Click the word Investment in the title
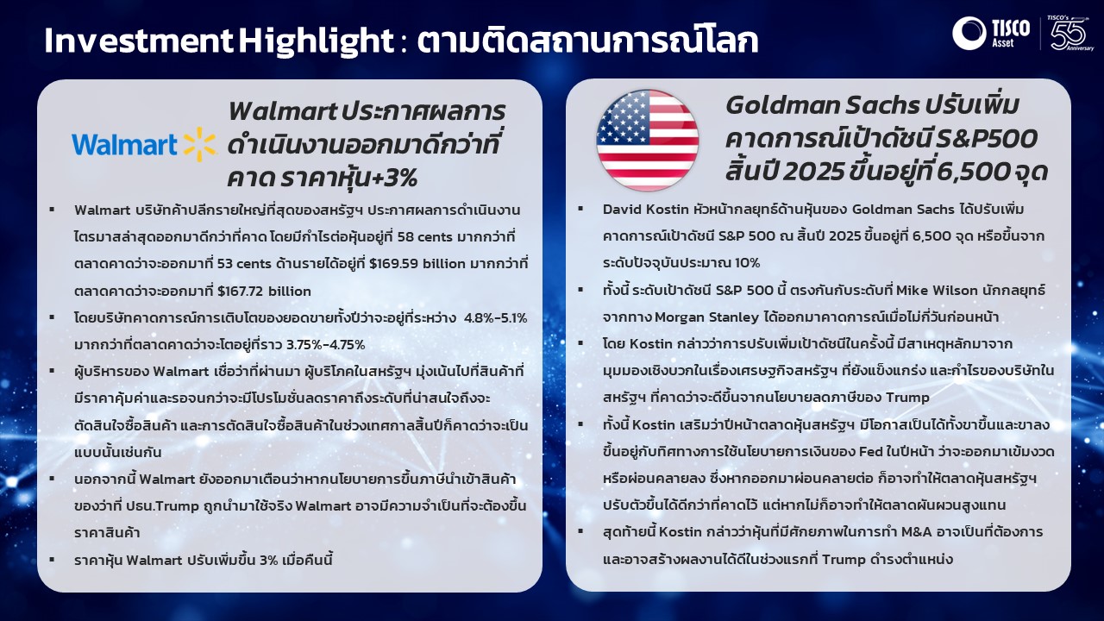click(138, 41)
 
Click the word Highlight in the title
click(317, 41)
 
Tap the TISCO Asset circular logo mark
click(969, 33)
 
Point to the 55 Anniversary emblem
click(1070, 34)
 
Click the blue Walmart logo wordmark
click(124, 144)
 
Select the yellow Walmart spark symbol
click(199, 144)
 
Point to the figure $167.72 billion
click(264, 292)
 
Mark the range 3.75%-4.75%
click(326, 344)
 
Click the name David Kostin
click(646, 210)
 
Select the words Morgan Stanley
click(706, 317)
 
